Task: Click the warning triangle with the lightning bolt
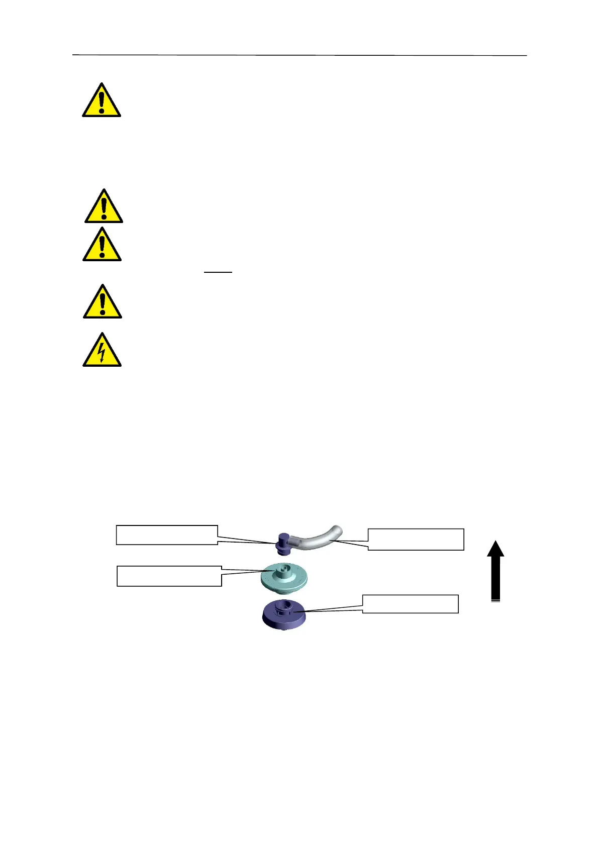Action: point(102,351)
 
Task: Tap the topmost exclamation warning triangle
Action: point(102,101)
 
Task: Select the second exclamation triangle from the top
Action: point(104,207)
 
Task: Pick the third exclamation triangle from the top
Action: point(102,245)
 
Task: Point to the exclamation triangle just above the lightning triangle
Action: point(102,302)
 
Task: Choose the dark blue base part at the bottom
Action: point(284,615)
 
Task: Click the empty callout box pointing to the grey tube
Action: point(416,539)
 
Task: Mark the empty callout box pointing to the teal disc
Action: point(169,576)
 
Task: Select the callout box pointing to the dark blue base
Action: point(410,604)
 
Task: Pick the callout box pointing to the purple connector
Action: point(167,535)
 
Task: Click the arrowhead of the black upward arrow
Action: point(495,549)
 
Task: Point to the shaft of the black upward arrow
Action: point(495,578)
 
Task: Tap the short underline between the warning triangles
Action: point(218,272)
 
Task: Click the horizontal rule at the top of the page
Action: point(300,55)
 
